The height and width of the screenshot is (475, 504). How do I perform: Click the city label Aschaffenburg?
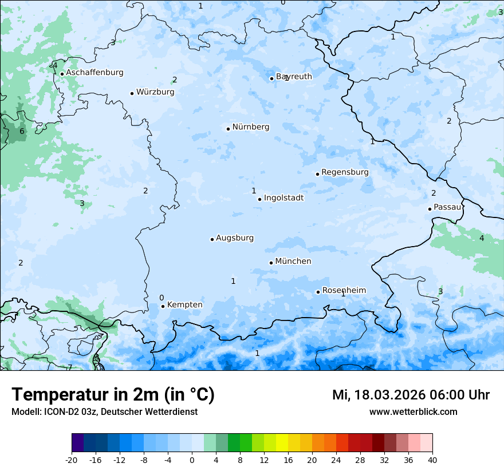coord(94,73)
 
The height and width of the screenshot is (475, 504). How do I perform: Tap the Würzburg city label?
coord(155,92)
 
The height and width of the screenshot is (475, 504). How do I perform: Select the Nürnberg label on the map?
coord(250,127)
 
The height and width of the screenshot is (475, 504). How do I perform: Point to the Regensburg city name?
coord(345,172)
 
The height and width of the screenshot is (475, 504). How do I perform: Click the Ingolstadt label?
coord(283,198)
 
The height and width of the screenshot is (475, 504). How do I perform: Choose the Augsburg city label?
coord(235,238)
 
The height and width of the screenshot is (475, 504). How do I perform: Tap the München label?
coord(293,262)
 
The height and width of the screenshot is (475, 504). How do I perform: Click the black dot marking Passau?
coord(430,209)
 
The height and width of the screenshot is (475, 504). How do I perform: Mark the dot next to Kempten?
coord(163,306)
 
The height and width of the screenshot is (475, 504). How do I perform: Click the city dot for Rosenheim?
coord(318,292)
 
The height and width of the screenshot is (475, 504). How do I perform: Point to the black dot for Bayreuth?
coord(271,78)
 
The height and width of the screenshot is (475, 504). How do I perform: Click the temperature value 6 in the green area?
coord(22,132)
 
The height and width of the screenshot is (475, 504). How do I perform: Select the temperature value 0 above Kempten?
coord(162,298)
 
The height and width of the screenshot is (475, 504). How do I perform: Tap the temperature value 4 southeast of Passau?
coord(482,238)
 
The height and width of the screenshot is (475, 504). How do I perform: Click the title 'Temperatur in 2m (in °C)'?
coord(113,395)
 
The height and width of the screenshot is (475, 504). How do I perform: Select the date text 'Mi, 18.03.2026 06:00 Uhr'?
coord(411,395)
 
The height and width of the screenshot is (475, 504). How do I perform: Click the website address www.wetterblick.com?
coord(413,411)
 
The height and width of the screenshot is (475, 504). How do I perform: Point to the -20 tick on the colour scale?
coord(72,460)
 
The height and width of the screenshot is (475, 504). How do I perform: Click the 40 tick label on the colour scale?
coord(432,460)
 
